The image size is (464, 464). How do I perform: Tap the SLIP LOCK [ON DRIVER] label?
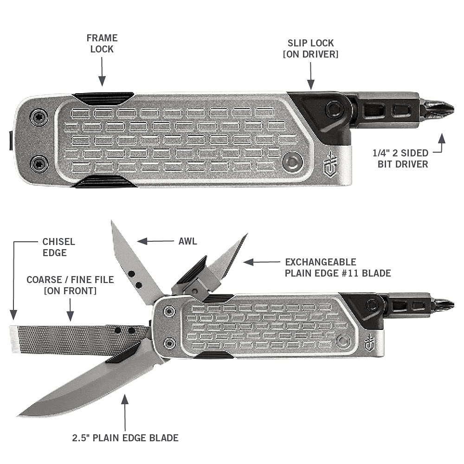310,48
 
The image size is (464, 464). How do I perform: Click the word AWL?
187,241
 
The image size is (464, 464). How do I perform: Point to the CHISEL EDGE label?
58,247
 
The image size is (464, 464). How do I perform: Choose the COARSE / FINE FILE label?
70,285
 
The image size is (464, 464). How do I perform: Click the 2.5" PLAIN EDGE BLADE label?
125,437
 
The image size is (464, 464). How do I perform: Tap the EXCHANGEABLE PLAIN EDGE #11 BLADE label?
338,267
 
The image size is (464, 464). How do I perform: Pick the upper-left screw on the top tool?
39,116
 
